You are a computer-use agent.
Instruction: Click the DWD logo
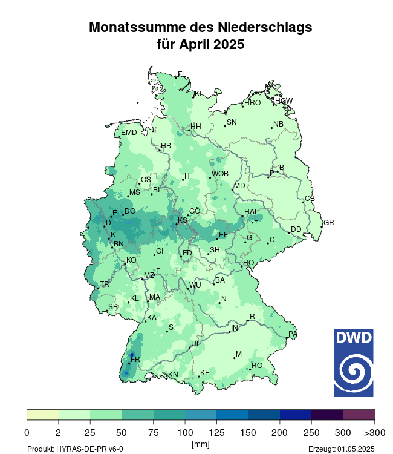pos(354,363)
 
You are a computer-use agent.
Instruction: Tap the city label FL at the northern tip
pos(181,74)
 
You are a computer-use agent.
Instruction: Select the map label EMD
pos(129,133)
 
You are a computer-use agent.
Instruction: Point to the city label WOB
pos(220,174)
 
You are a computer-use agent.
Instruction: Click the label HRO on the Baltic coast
pos(252,103)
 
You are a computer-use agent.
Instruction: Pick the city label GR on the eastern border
pos(328,223)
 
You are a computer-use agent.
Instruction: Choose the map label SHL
pos(216,250)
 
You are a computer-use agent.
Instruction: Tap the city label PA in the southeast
pos(293,334)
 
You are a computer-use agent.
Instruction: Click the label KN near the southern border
pos(173,375)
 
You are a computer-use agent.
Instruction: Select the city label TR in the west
pos(105,285)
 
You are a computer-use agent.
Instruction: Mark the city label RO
pos(257,366)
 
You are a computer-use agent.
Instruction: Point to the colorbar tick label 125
pos(185,432)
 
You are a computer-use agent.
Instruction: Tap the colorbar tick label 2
pos(59,432)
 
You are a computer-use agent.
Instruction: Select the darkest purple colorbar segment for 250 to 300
pos(327,415)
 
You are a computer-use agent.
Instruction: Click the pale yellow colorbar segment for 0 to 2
pos(43,415)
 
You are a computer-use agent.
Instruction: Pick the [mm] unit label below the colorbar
pos(200,444)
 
